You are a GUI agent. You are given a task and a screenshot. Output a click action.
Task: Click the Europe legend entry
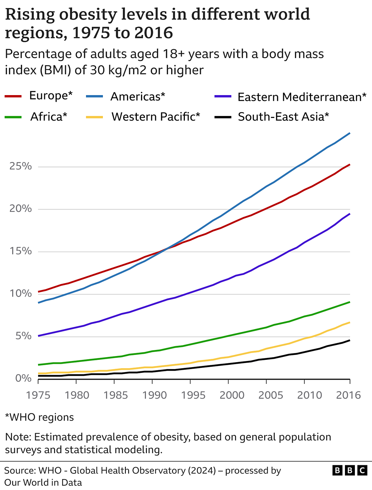click(x=51, y=95)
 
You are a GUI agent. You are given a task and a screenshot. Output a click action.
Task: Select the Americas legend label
click(x=138, y=97)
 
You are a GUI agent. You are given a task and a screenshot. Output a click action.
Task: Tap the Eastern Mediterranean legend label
click(x=301, y=97)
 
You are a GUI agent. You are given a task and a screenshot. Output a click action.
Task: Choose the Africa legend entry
click(x=48, y=116)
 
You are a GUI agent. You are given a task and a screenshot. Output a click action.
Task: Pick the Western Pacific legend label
click(x=156, y=116)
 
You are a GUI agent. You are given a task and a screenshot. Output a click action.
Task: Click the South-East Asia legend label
click(x=283, y=116)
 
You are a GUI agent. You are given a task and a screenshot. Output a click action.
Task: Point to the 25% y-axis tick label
click(x=21, y=166)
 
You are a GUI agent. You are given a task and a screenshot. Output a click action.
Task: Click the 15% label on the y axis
click(x=21, y=251)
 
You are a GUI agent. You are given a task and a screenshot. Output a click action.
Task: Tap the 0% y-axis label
click(x=23, y=378)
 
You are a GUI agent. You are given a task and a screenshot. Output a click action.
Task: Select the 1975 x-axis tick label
click(x=38, y=395)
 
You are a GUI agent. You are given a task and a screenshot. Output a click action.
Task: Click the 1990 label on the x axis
click(x=154, y=395)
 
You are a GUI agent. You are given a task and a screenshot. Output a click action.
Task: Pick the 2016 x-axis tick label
click(x=348, y=395)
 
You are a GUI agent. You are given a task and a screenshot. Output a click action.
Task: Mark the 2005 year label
click(x=271, y=395)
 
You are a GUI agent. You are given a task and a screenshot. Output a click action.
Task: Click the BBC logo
click(x=350, y=471)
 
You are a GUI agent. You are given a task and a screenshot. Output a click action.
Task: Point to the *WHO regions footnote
click(x=39, y=417)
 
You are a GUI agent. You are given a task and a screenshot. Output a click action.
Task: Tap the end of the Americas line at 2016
click(x=350, y=133)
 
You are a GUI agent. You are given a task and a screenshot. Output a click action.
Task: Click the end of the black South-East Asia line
click(x=350, y=340)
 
